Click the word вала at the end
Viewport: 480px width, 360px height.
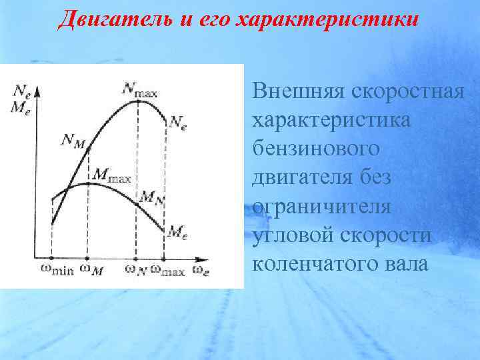tap(403, 264)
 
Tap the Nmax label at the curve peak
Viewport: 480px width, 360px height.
tap(139, 89)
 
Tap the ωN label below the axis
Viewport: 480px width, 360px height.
tap(135, 270)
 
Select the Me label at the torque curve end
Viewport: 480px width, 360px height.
tap(177, 232)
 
